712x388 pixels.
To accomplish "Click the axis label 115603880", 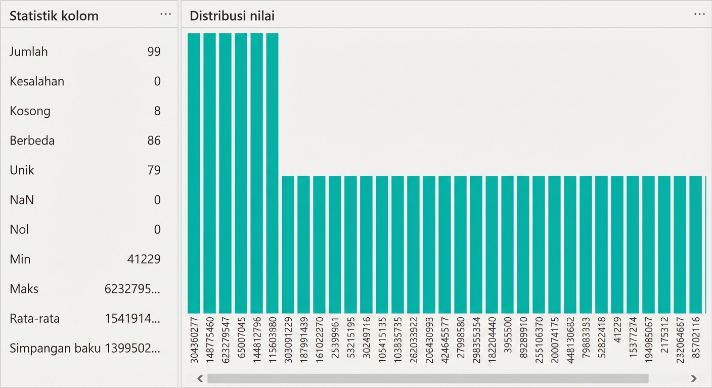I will coord(273,338).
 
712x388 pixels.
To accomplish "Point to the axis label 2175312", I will coord(664,338).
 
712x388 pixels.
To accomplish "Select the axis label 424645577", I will coord(445,338).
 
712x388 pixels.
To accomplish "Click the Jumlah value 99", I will coord(154,52).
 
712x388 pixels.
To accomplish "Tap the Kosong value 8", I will coord(157,111).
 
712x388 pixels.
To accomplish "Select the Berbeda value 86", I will coord(154,140).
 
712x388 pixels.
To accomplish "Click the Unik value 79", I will coord(154,170).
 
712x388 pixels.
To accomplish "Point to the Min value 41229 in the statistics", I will coord(144,260).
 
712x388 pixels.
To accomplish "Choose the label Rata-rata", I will coord(34,319).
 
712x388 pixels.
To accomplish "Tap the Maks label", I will coord(24,289).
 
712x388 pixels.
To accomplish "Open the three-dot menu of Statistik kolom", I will coord(165,15).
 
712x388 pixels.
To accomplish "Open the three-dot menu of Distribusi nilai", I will coord(699,15).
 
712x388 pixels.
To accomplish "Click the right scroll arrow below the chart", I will coord(694,378).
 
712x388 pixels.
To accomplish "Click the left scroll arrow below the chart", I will coord(200,378).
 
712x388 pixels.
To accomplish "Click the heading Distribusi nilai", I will coord(232,16).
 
